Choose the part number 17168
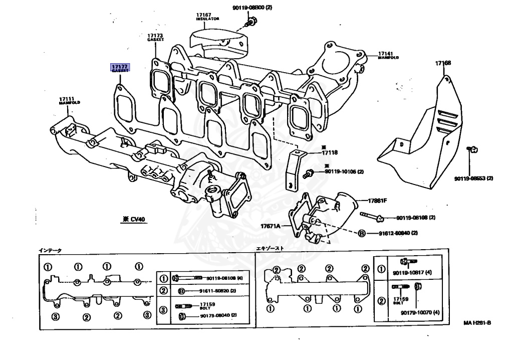point(443,63)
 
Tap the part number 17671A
point(271,227)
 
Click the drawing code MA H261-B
point(477,323)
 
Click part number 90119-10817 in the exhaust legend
point(413,273)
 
